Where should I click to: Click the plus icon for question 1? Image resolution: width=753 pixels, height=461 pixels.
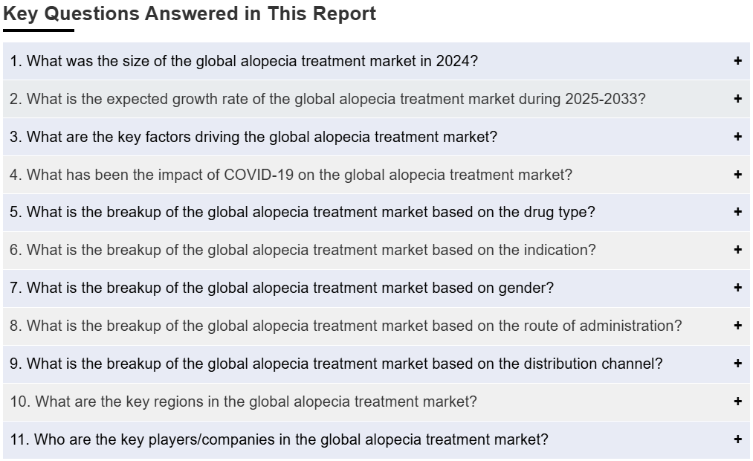click(737, 60)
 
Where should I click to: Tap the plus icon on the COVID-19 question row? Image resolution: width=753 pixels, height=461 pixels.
click(737, 174)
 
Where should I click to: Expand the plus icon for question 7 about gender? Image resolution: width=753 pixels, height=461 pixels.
click(737, 288)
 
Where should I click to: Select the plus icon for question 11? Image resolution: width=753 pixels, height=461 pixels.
click(737, 439)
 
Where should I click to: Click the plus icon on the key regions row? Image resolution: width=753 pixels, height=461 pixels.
click(737, 401)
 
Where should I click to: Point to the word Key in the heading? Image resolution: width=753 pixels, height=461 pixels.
click(20, 14)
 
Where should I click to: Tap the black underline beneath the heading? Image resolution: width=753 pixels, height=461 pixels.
click(39, 30)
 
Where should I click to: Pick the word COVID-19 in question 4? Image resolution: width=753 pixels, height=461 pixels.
click(259, 175)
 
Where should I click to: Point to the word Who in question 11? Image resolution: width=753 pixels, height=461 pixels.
click(48, 440)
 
